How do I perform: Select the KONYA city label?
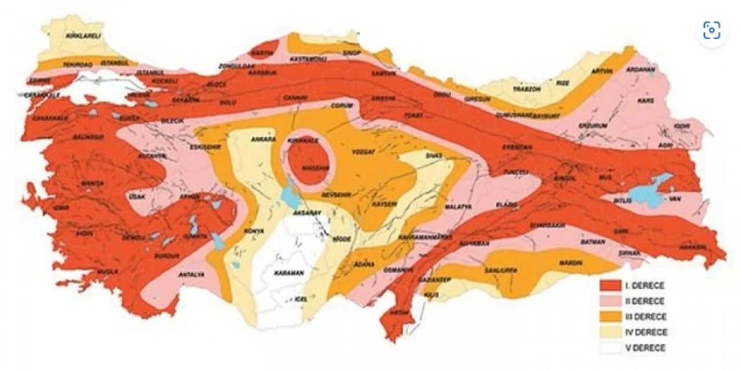(254, 231)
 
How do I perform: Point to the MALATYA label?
(458, 206)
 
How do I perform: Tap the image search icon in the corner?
(712, 30)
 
